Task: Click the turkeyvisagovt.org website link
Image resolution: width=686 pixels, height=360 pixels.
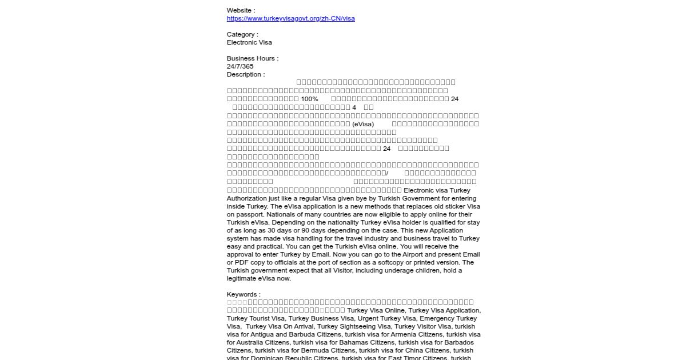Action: pyautogui.click(x=290, y=18)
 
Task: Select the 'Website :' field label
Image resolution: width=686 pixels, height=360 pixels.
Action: pyautogui.click(x=241, y=10)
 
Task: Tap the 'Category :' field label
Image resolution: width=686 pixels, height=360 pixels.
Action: pyautogui.click(x=242, y=34)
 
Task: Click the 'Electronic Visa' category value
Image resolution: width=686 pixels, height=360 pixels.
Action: pyautogui.click(x=249, y=42)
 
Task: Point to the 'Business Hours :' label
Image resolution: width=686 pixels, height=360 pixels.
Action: pyautogui.click(x=253, y=58)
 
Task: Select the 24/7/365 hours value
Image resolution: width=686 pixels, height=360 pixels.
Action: pyautogui.click(x=240, y=66)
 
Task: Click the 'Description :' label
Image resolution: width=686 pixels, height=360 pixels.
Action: pyautogui.click(x=246, y=74)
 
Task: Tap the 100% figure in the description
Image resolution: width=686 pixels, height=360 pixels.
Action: pyautogui.click(x=309, y=99)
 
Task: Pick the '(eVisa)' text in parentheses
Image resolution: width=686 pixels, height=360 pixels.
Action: pyautogui.click(x=363, y=124)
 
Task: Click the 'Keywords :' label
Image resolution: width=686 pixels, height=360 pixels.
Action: pyautogui.click(x=244, y=294)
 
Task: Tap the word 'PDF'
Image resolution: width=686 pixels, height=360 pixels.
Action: pyautogui.click(x=243, y=262)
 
